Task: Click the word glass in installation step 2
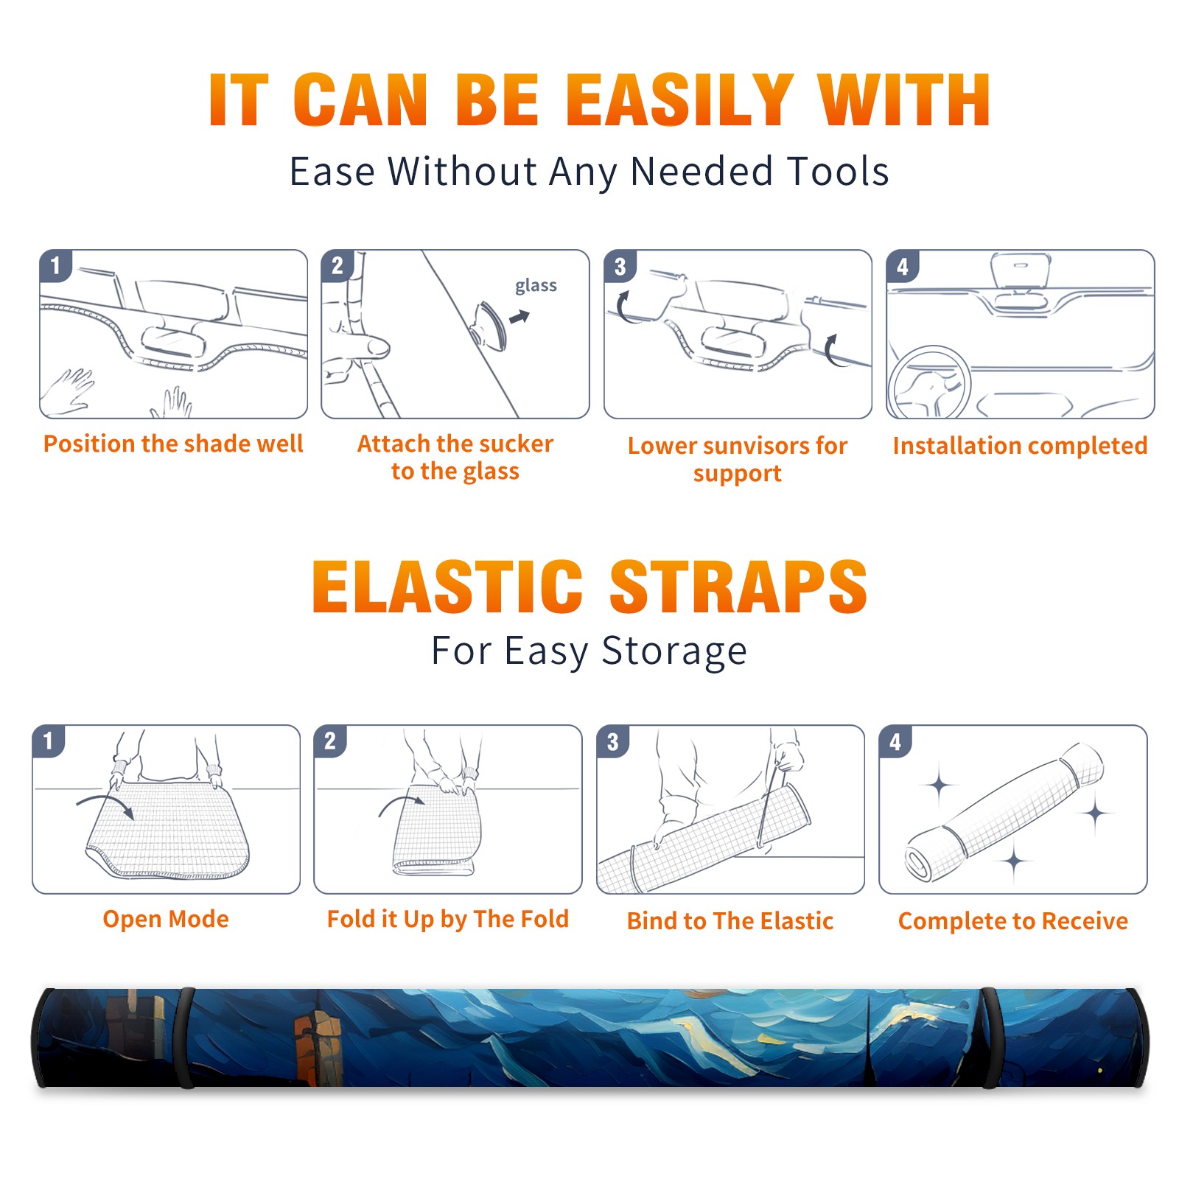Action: click(536, 286)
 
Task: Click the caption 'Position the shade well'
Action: click(173, 444)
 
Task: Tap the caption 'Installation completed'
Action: click(1020, 446)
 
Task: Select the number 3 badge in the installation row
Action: click(620, 267)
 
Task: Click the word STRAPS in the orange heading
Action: click(738, 587)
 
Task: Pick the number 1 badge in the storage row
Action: click(49, 741)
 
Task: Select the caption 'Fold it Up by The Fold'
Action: click(448, 920)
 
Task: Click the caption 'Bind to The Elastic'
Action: click(730, 921)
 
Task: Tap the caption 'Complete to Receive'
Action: click(1013, 921)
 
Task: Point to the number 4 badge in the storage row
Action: click(895, 741)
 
